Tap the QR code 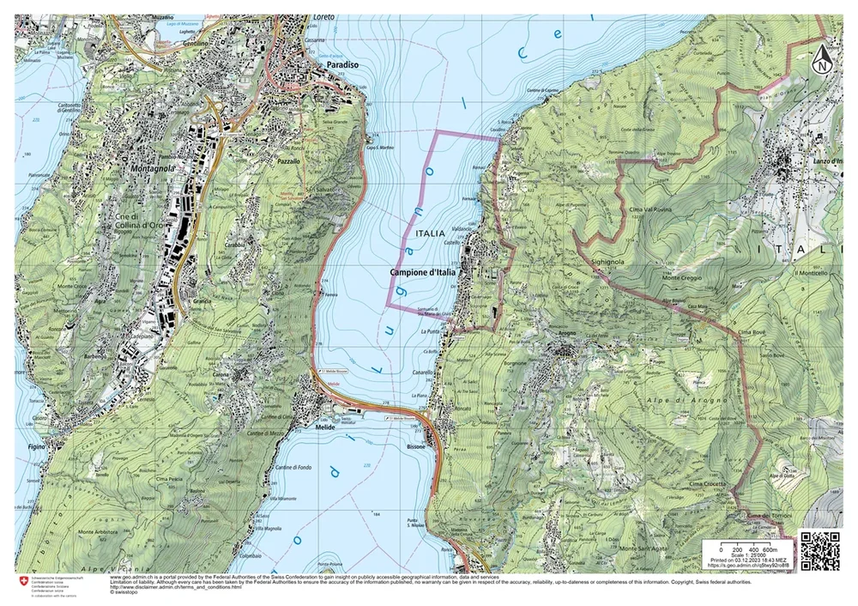[x=817, y=550]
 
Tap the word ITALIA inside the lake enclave [x=429, y=233]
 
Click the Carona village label [x=223, y=375]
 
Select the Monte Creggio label [x=681, y=277]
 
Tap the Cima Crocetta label [x=707, y=484]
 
